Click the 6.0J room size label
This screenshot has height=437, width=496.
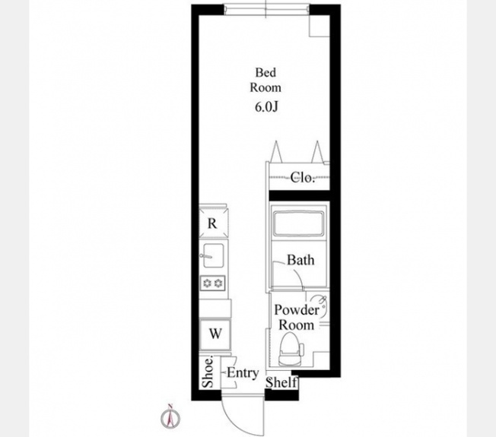pyautogui.click(x=266, y=107)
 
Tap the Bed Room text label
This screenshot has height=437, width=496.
pyautogui.click(x=265, y=80)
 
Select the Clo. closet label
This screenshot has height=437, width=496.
pyautogui.click(x=303, y=177)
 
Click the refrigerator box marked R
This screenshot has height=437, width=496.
pyautogui.click(x=212, y=223)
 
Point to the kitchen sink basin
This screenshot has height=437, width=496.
pyautogui.click(x=214, y=255)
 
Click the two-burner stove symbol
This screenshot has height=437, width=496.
pyautogui.click(x=212, y=283)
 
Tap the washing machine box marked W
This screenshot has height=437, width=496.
pyautogui.click(x=215, y=334)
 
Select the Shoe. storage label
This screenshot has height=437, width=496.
pyautogui.click(x=208, y=372)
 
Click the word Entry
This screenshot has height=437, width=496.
pyautogui.click(x=243, y=373)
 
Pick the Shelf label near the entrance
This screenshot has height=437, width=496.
pyautogui.click(x=281, y=382)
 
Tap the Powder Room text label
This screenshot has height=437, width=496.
pyautogui.click(x=297, y=317)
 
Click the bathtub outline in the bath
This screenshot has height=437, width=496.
pyautogui.click(x=299, y=223)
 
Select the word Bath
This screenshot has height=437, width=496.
pyautogui.click(x=300, y=260)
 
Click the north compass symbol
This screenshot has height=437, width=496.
pyautogui.click(x=170, y=416)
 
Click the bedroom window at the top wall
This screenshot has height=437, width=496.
pyautogui.click(x=266, y=9)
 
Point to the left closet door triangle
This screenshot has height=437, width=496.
pyautogui.click(x=276, y=152)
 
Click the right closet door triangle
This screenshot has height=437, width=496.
pyautogui.click(x=317, y=152)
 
